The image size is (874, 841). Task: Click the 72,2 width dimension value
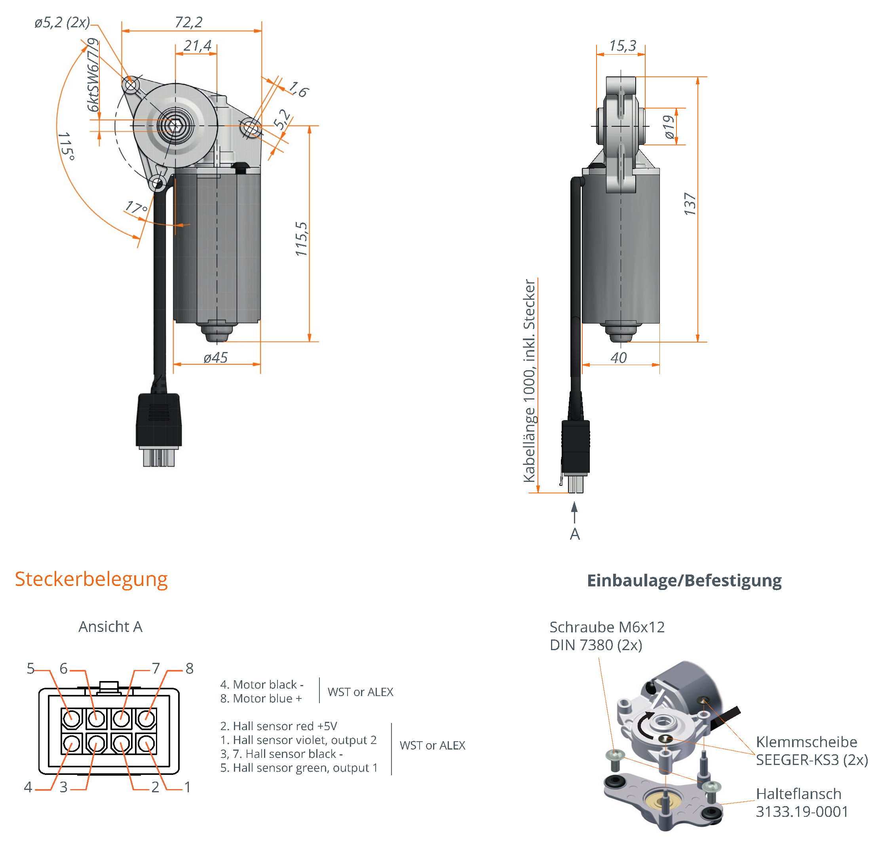point(189,22)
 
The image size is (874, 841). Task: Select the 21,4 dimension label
point(197,46)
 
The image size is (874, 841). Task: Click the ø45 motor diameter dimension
point(215,358)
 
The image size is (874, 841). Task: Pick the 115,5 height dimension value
point(302,239)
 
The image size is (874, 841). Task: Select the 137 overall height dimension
point(690,204)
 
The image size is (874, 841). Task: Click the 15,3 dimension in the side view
point(623,46)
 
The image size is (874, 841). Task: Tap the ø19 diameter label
point(669,127)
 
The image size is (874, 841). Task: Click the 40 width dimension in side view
point(618,358)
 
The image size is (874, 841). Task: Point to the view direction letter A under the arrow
point(575,534)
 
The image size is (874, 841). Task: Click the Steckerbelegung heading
point(91,579)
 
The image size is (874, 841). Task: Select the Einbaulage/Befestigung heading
point(684,580)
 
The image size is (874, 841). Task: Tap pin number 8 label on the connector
point(190,668)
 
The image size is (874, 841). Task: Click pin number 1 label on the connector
point(188,787)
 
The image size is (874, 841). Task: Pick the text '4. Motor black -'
point(262,684)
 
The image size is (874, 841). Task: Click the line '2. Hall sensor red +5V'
point(279,726)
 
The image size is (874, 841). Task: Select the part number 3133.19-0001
point(802,811)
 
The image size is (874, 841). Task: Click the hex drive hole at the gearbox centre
point(175,126)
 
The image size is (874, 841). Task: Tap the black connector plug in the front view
point(159,419)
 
